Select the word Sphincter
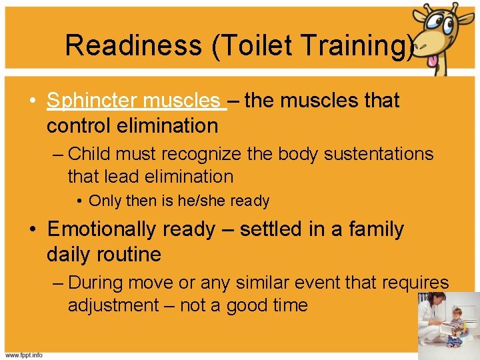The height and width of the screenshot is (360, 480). (x=90, y=101)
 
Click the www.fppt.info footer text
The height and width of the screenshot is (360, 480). (x=25, y=355)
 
